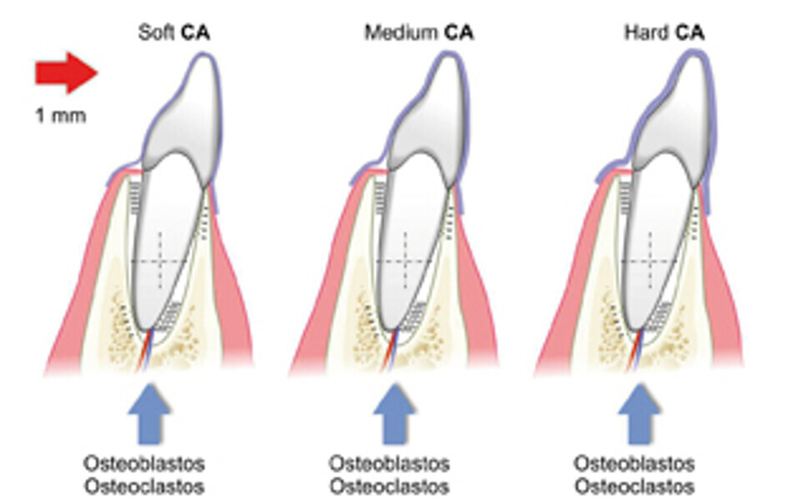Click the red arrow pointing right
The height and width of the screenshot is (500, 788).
[x=65, y=72]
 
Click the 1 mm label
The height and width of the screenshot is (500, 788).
[x=60, y=116]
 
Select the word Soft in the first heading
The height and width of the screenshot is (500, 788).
[x=155, y=34]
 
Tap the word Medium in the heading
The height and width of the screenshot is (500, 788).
[x=400, y=34]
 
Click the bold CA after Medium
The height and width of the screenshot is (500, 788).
[x=458, y=34]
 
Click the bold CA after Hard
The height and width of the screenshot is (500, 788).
[x=690, y=34]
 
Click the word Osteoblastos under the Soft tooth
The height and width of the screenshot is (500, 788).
[x=144, y=463]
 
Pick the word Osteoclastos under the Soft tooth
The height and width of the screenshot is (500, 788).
[x=144, y=485]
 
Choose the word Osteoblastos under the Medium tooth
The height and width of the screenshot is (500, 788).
[x=389, y=463]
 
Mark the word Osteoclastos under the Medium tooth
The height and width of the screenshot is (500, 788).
[x=389, y=485]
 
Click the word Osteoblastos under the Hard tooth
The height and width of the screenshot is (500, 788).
[x=635, y=463]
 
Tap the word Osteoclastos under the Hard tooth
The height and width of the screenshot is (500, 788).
[x=635, y=485]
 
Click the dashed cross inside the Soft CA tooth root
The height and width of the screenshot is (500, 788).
[x=160, y=262]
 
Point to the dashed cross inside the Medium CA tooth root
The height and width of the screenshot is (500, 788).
[x=405, y=262]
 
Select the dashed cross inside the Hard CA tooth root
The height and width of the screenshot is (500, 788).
[x=650, y=262]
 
